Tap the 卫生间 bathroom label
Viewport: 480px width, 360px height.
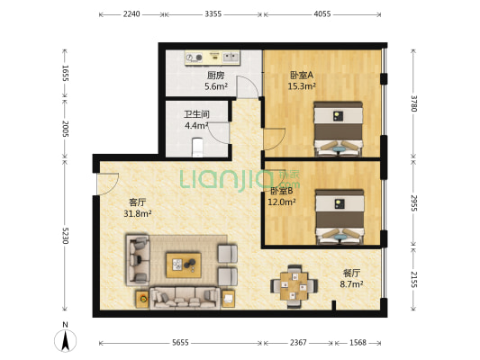pos(197,114)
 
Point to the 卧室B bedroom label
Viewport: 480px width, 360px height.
pos(279,192)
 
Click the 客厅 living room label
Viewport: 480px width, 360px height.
pos(138,203)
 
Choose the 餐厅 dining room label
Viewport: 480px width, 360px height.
pos(351,273)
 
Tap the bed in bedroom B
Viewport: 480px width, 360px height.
pos(340,216)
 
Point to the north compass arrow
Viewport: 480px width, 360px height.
pos(65,340)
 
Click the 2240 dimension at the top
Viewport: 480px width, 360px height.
pos(131,15)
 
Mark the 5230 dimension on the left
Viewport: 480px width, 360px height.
pos(65,236)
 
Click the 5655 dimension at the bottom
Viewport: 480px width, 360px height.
pos(180,343)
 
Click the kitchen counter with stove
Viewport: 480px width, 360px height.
pos(213,58)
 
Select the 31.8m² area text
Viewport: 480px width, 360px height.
pos(138,214)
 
